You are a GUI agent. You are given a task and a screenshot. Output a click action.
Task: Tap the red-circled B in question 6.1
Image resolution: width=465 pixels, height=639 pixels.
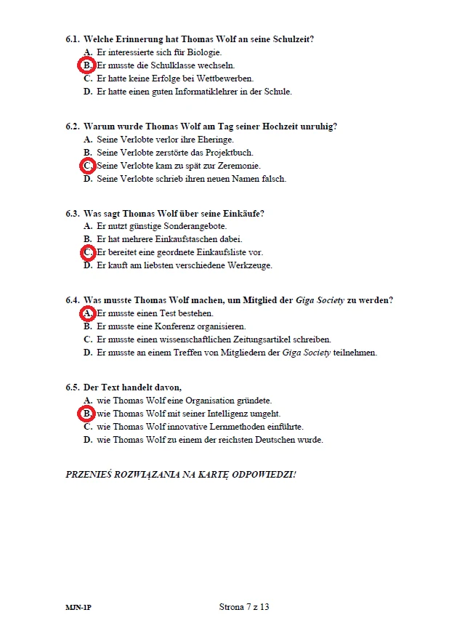(86, 65)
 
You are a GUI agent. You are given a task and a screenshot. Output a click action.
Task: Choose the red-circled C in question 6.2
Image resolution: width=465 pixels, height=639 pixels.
(87, 166)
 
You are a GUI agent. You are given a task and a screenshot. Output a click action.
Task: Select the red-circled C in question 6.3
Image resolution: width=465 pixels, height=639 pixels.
(87, 252)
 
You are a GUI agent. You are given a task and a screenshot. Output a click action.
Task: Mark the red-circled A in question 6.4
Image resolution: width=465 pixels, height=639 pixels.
(87, 313)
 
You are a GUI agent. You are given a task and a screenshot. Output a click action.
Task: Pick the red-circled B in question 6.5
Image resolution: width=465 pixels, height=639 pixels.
(86, 414)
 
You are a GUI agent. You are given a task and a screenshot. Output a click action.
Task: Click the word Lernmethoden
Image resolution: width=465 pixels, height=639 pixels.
(236, 427)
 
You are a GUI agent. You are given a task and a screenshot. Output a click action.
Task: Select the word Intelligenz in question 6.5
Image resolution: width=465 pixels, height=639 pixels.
(218, 414)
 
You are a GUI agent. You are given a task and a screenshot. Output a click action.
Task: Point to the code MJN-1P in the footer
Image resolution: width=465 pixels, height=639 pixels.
(78, 608)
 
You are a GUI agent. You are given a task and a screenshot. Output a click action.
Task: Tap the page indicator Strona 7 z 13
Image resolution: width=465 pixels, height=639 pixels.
(244, 607)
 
